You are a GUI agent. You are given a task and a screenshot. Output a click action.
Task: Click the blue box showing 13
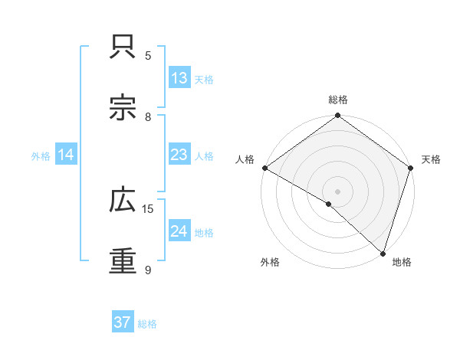click(x=179, y=78)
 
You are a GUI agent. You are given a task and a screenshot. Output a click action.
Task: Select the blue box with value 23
click(x=179, y=155)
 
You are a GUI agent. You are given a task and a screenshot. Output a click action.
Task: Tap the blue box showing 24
click(x=179, y=231)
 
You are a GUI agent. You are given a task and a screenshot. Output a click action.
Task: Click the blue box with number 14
click(x=66, y=155)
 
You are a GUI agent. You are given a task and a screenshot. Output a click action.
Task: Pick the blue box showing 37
click(x=122, y=322)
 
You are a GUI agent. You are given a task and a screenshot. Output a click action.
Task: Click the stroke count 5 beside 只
click(x=148, y=56)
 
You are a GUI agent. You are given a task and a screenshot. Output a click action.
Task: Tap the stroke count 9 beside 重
click(x=148, y=270)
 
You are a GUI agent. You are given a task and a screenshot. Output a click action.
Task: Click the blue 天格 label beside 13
click(x=204, y=79)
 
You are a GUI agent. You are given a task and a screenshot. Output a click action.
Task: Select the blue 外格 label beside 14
click(x=41, y=155)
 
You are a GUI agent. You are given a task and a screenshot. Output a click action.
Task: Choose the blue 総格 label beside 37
click(x=147, y=324)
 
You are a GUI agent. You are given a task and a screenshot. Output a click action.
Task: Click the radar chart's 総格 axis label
click(x=337, y=100)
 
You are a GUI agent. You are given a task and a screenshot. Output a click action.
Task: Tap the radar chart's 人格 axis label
click(x=245, y=159)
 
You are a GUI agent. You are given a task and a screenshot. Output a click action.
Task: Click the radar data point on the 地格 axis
click(x=383, y=253)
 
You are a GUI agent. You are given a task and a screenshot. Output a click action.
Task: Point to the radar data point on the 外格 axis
click(x=328, y=204)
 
